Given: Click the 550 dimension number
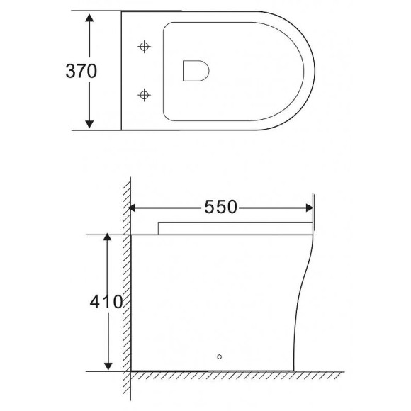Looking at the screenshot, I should [220, 207].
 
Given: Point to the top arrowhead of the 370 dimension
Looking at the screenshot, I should [89, 17].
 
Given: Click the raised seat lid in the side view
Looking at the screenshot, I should [234, 227].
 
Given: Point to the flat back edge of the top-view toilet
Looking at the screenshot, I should [121, 71].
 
